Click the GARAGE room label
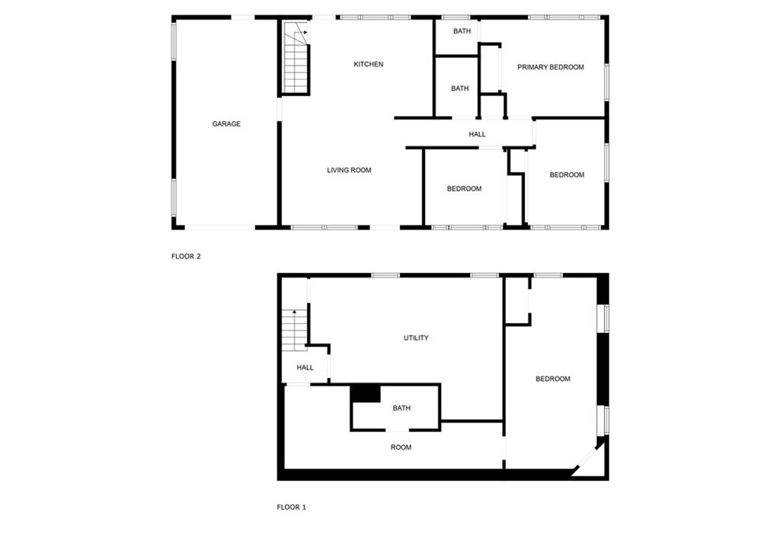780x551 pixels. [x=226, y=124]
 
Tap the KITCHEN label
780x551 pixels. [x=368, y=64]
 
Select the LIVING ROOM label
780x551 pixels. [x=349, y=170]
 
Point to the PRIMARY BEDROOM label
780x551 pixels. [x=550, y=67]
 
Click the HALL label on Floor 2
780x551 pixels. [x=477, y=134]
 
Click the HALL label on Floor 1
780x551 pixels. [x=305, y=368]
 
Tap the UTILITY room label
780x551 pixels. [x=416, y=338]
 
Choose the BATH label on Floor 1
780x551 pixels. [x=401, y=408]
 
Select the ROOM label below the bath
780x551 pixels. [x=401, y=447]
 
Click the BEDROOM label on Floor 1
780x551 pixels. [x=553, y=379]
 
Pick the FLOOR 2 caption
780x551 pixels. [x=186, y=256]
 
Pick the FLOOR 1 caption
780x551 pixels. [x=292, y=508]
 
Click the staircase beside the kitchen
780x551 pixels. [x=296, y=58]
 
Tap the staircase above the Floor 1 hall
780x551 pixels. [x=295, y=330]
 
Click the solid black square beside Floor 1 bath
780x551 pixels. [x=366, y=393]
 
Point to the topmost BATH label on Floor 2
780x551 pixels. [x=462, y=31]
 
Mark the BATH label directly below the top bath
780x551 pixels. [x=459, y=88]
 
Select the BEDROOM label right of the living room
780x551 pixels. [x=464, y=189]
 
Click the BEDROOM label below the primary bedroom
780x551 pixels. [x=567, y=175]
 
